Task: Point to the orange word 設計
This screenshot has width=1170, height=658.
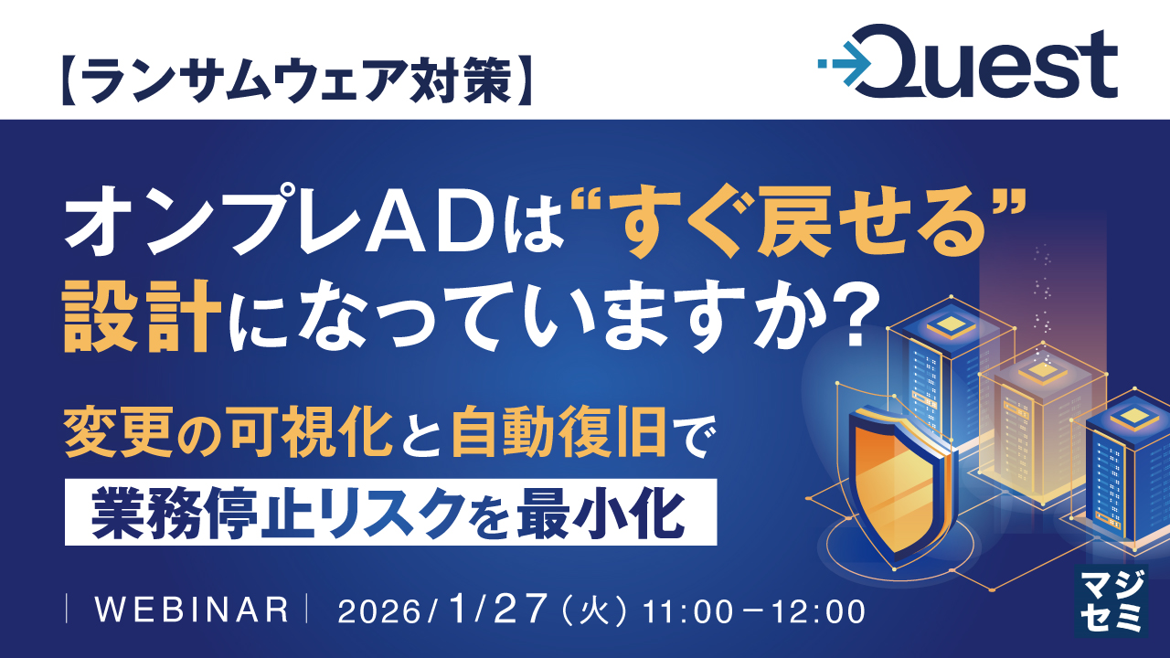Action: [x=142, y=316]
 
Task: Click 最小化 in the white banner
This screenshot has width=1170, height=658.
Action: [x=601, y=514]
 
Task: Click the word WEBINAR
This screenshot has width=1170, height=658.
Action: [x=192, y=610]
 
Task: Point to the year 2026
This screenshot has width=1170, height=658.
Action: [x=379, y=611]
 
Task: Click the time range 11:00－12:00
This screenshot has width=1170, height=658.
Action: [x=754, y=611]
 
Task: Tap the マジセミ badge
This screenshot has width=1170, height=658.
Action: [x=1111, y=600]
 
